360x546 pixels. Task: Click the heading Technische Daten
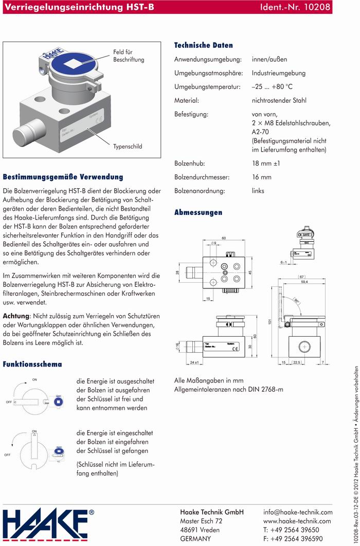click(203, 45)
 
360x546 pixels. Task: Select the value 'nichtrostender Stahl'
click(279, 100)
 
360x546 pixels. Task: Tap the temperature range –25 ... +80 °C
click(272, 86)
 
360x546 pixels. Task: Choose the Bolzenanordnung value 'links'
click(258, 191)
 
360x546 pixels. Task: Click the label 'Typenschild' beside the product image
click(128, 147)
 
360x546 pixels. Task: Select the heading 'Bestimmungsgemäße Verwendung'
click(63, 177)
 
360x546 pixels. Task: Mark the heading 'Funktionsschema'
click(32, 364)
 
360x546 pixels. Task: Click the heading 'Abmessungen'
click(198, 212)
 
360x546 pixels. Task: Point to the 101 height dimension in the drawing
click(269, 322)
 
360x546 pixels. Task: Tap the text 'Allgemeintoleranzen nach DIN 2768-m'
click(229, 389)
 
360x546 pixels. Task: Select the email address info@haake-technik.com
click(298, 512)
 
